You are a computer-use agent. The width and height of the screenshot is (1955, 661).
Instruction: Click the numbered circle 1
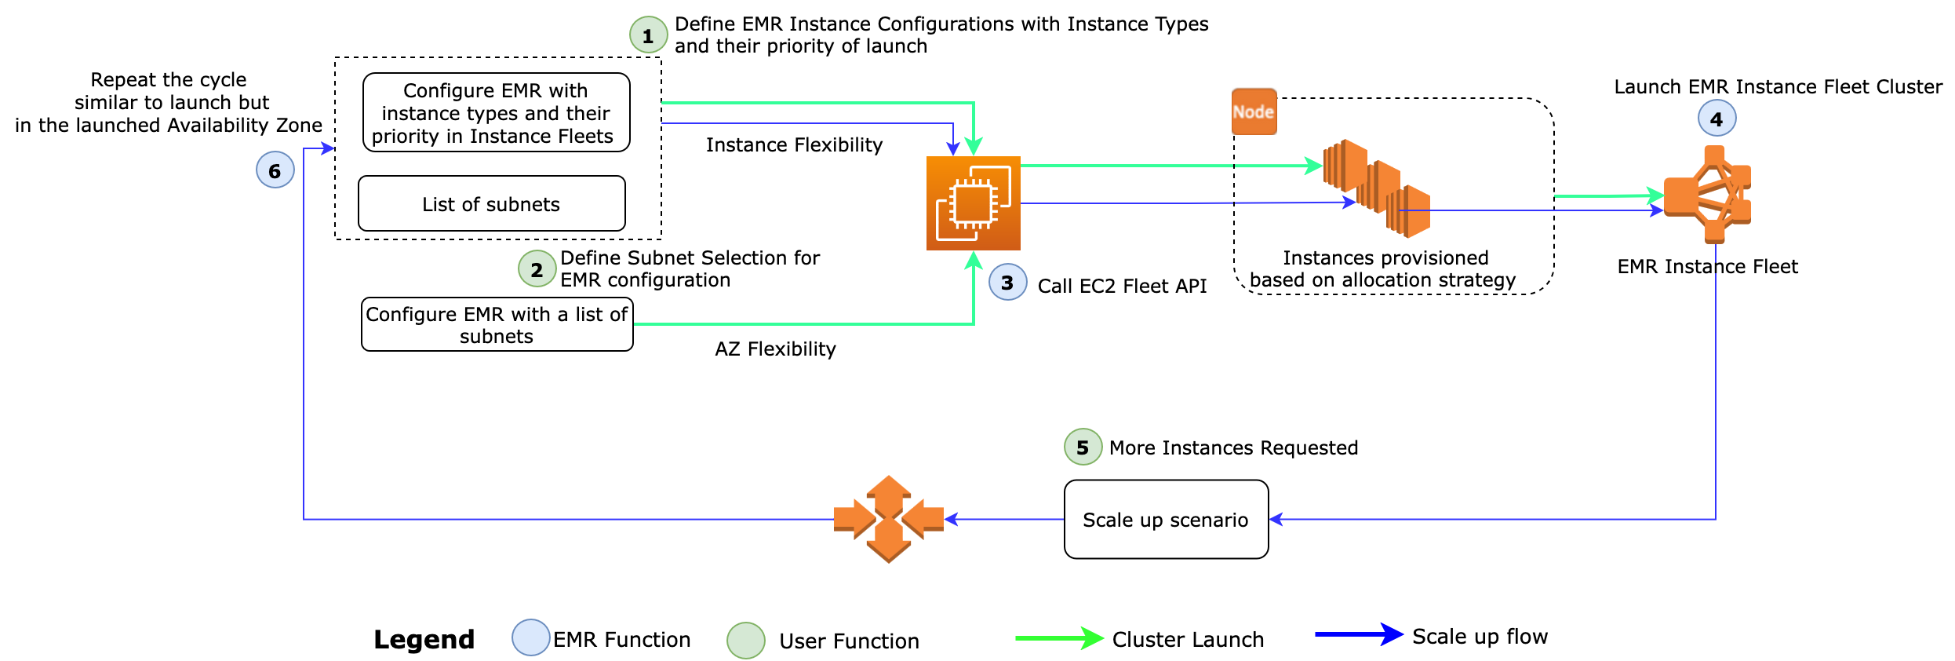click(x=648, y=35)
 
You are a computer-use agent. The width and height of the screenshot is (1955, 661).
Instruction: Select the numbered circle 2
click(x=537, y=269)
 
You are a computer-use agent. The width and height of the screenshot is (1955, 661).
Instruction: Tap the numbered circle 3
click(x=1007, y=283)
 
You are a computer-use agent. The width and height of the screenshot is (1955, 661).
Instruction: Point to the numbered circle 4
click(x=1717, y=119)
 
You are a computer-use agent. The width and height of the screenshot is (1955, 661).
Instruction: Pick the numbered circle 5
click(x=1083, y=447)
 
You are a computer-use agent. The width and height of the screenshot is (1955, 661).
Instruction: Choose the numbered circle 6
click(x=275, y=170)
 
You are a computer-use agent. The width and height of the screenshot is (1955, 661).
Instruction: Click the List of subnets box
click(x=491, y=204)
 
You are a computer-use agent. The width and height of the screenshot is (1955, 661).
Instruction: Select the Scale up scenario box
click(x=1166, y=520)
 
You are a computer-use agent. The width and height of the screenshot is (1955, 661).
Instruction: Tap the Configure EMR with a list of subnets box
click(x=497, y=324)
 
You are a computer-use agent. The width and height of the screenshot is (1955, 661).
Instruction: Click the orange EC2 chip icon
click(x=973, y=203)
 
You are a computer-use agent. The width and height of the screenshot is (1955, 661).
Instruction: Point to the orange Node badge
click(x=1254, y=111)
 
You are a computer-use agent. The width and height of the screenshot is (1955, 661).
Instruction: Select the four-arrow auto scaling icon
click(x=888, y=519)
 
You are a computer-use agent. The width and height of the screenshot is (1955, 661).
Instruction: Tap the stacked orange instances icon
click(x=1376, y=188)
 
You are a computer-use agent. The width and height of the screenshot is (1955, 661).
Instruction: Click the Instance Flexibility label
click(x=794, y=145)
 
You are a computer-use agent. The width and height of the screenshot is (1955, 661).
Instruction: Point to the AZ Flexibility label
click(x=775, y=349)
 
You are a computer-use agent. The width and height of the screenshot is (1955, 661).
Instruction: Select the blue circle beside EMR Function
click(x=530, y=637)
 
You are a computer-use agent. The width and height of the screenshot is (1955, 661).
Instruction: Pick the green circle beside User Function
click(x=745, y=641)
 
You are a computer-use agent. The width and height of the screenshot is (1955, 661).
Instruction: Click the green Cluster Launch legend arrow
click(x=1059, y=638)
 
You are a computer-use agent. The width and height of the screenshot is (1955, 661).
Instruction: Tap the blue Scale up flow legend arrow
click(x=1359, y=634)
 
